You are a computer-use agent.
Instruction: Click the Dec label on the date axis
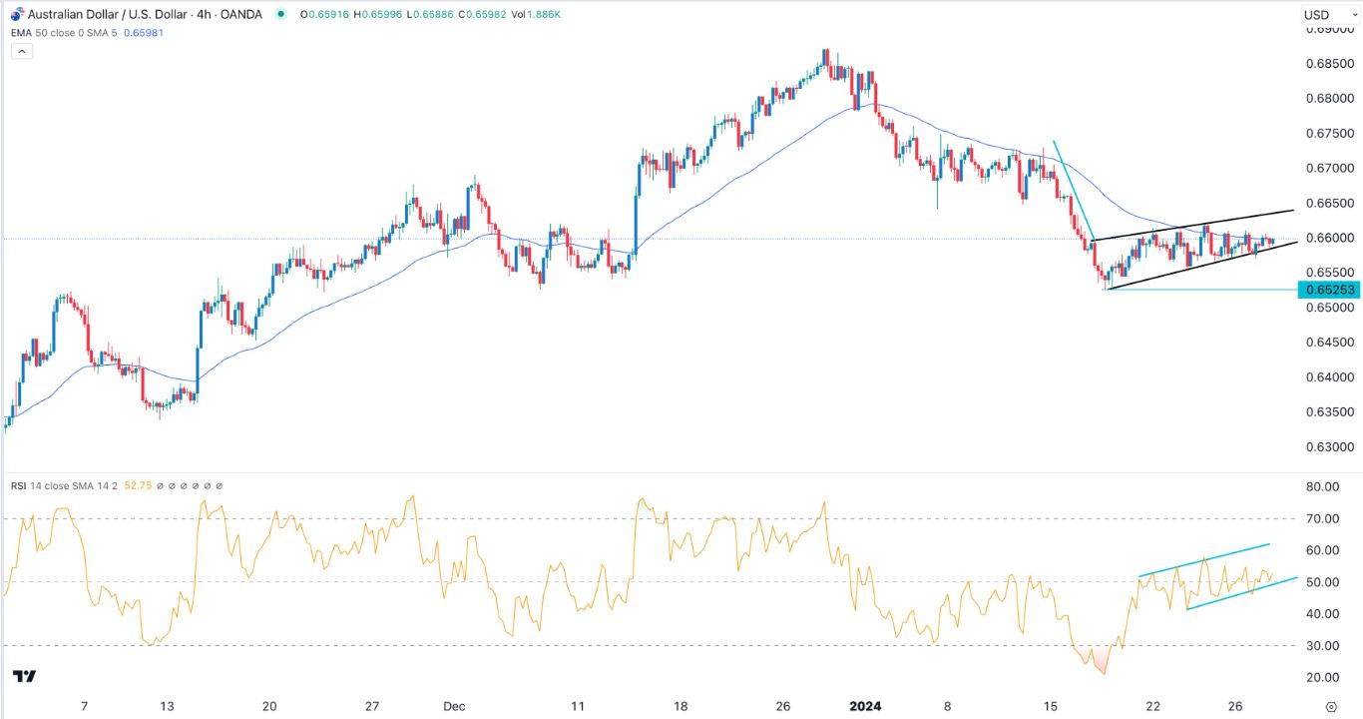pos(454,706)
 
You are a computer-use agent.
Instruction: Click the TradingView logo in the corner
pos(25,676)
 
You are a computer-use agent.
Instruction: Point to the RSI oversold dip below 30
pos(1102,667)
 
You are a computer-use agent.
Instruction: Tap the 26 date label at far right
pos(1235,706)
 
